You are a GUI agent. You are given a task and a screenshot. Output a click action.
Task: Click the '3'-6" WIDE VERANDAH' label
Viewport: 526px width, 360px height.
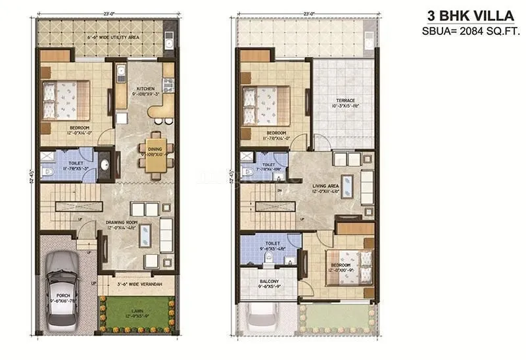pos(135,285)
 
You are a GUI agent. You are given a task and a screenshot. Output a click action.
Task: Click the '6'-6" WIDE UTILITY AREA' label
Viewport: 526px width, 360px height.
pos(102,38)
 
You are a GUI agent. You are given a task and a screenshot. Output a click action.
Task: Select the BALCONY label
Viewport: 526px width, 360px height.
pos(268,282)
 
